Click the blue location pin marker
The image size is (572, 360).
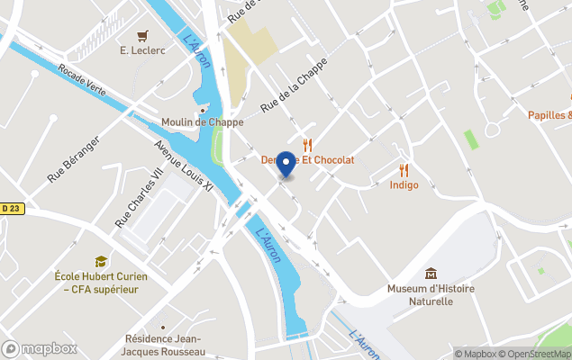point(286,164)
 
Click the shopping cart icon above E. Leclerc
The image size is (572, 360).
point(142,36)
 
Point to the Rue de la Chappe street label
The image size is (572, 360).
point(293,92)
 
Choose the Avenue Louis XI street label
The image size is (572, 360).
point(183,166)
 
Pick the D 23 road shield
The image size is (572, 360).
point(10,208)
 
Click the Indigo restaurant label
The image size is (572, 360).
point(404,185)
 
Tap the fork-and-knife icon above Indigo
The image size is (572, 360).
point(404,169)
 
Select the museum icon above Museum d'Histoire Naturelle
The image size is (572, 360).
point(431,273)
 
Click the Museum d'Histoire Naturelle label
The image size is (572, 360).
point(431,294)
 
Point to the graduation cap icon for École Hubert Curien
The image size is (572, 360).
point(101,261)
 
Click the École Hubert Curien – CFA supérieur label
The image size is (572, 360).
point(101,283)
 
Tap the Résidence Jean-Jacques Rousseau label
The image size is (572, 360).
point(165,345)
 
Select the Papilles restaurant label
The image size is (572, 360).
point(549,115)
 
